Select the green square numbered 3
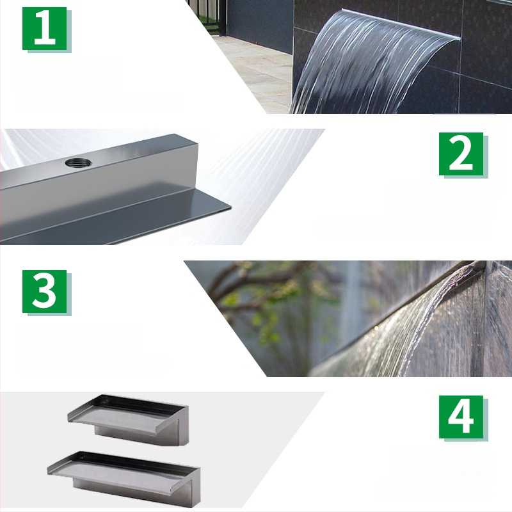[45, 291]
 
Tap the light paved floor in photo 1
[256, 70]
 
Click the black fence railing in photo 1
[211, 13]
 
